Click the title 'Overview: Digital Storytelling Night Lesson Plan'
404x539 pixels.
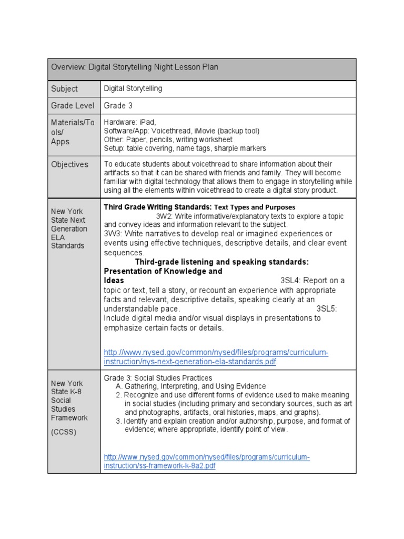pyautogui.click(x=134, y=67)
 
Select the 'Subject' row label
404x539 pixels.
pyautogui.click(x=64, y=89)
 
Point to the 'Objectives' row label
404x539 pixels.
pyautogui.click(x=69, y=165)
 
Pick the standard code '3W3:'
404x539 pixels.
pyautogui.click(x=114, y=234)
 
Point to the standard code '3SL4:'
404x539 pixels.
pyautogui.click(x=291, y=281)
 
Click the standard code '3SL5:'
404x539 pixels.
pyautogui.click(x=327, y=309)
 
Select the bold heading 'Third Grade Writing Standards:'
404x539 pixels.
pyautogui.click(x=157, y=207)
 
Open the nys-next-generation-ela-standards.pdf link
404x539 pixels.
pyautogui.click(x=216, y=357)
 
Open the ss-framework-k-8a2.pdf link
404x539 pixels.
pyautogui.click(x=206, y=462)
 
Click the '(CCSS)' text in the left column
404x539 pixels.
pyautogui.click(x=64, y=432)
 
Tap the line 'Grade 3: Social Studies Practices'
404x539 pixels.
pyautogui.click(x=158, y=378)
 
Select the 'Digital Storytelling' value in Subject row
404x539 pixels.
pyautogui.click(x=133, y=89)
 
